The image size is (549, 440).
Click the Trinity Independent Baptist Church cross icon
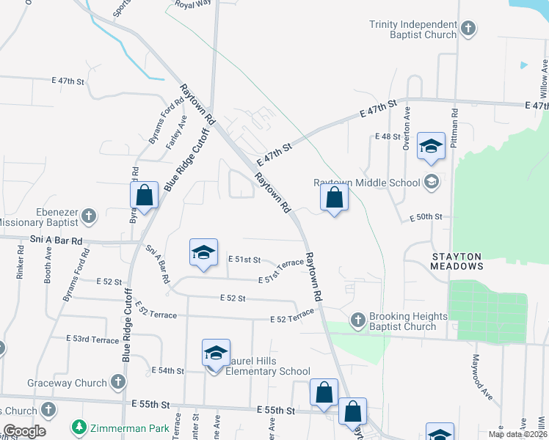pyautogui.click(x=468, y=29)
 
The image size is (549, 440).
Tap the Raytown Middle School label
pyautogui.click(x=367, y=183)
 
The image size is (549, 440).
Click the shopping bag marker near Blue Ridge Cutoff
pyautogui.click(x=145, y=196)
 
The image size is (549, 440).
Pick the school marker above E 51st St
pyautogui.click(x=203, y=252)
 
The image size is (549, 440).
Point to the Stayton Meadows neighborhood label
pyautogui.click(x=456, y=261)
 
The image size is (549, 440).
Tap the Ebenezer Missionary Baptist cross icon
pyautogui.click(x=89, y=216)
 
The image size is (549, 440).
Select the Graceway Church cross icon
pyautogui.click(x=118, y=382)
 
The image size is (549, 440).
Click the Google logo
pyautogui.click(x=24, y=430)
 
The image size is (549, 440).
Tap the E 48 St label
pyautogui.click(x=387, y=137)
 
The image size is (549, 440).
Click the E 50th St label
pyautogui.click(x=426, y=217)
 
